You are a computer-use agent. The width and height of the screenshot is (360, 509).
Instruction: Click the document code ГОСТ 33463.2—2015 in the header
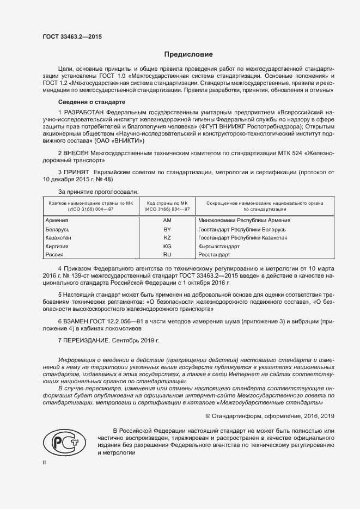tap(72, 37)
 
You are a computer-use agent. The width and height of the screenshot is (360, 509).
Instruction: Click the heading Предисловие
tap(189, 54)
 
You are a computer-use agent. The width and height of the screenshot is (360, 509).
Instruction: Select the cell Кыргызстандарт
tap(221, 246)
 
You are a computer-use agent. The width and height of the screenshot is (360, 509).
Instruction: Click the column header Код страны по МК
tap(167, 203)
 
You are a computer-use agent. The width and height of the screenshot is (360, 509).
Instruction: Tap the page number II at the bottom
tap(45, 462)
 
